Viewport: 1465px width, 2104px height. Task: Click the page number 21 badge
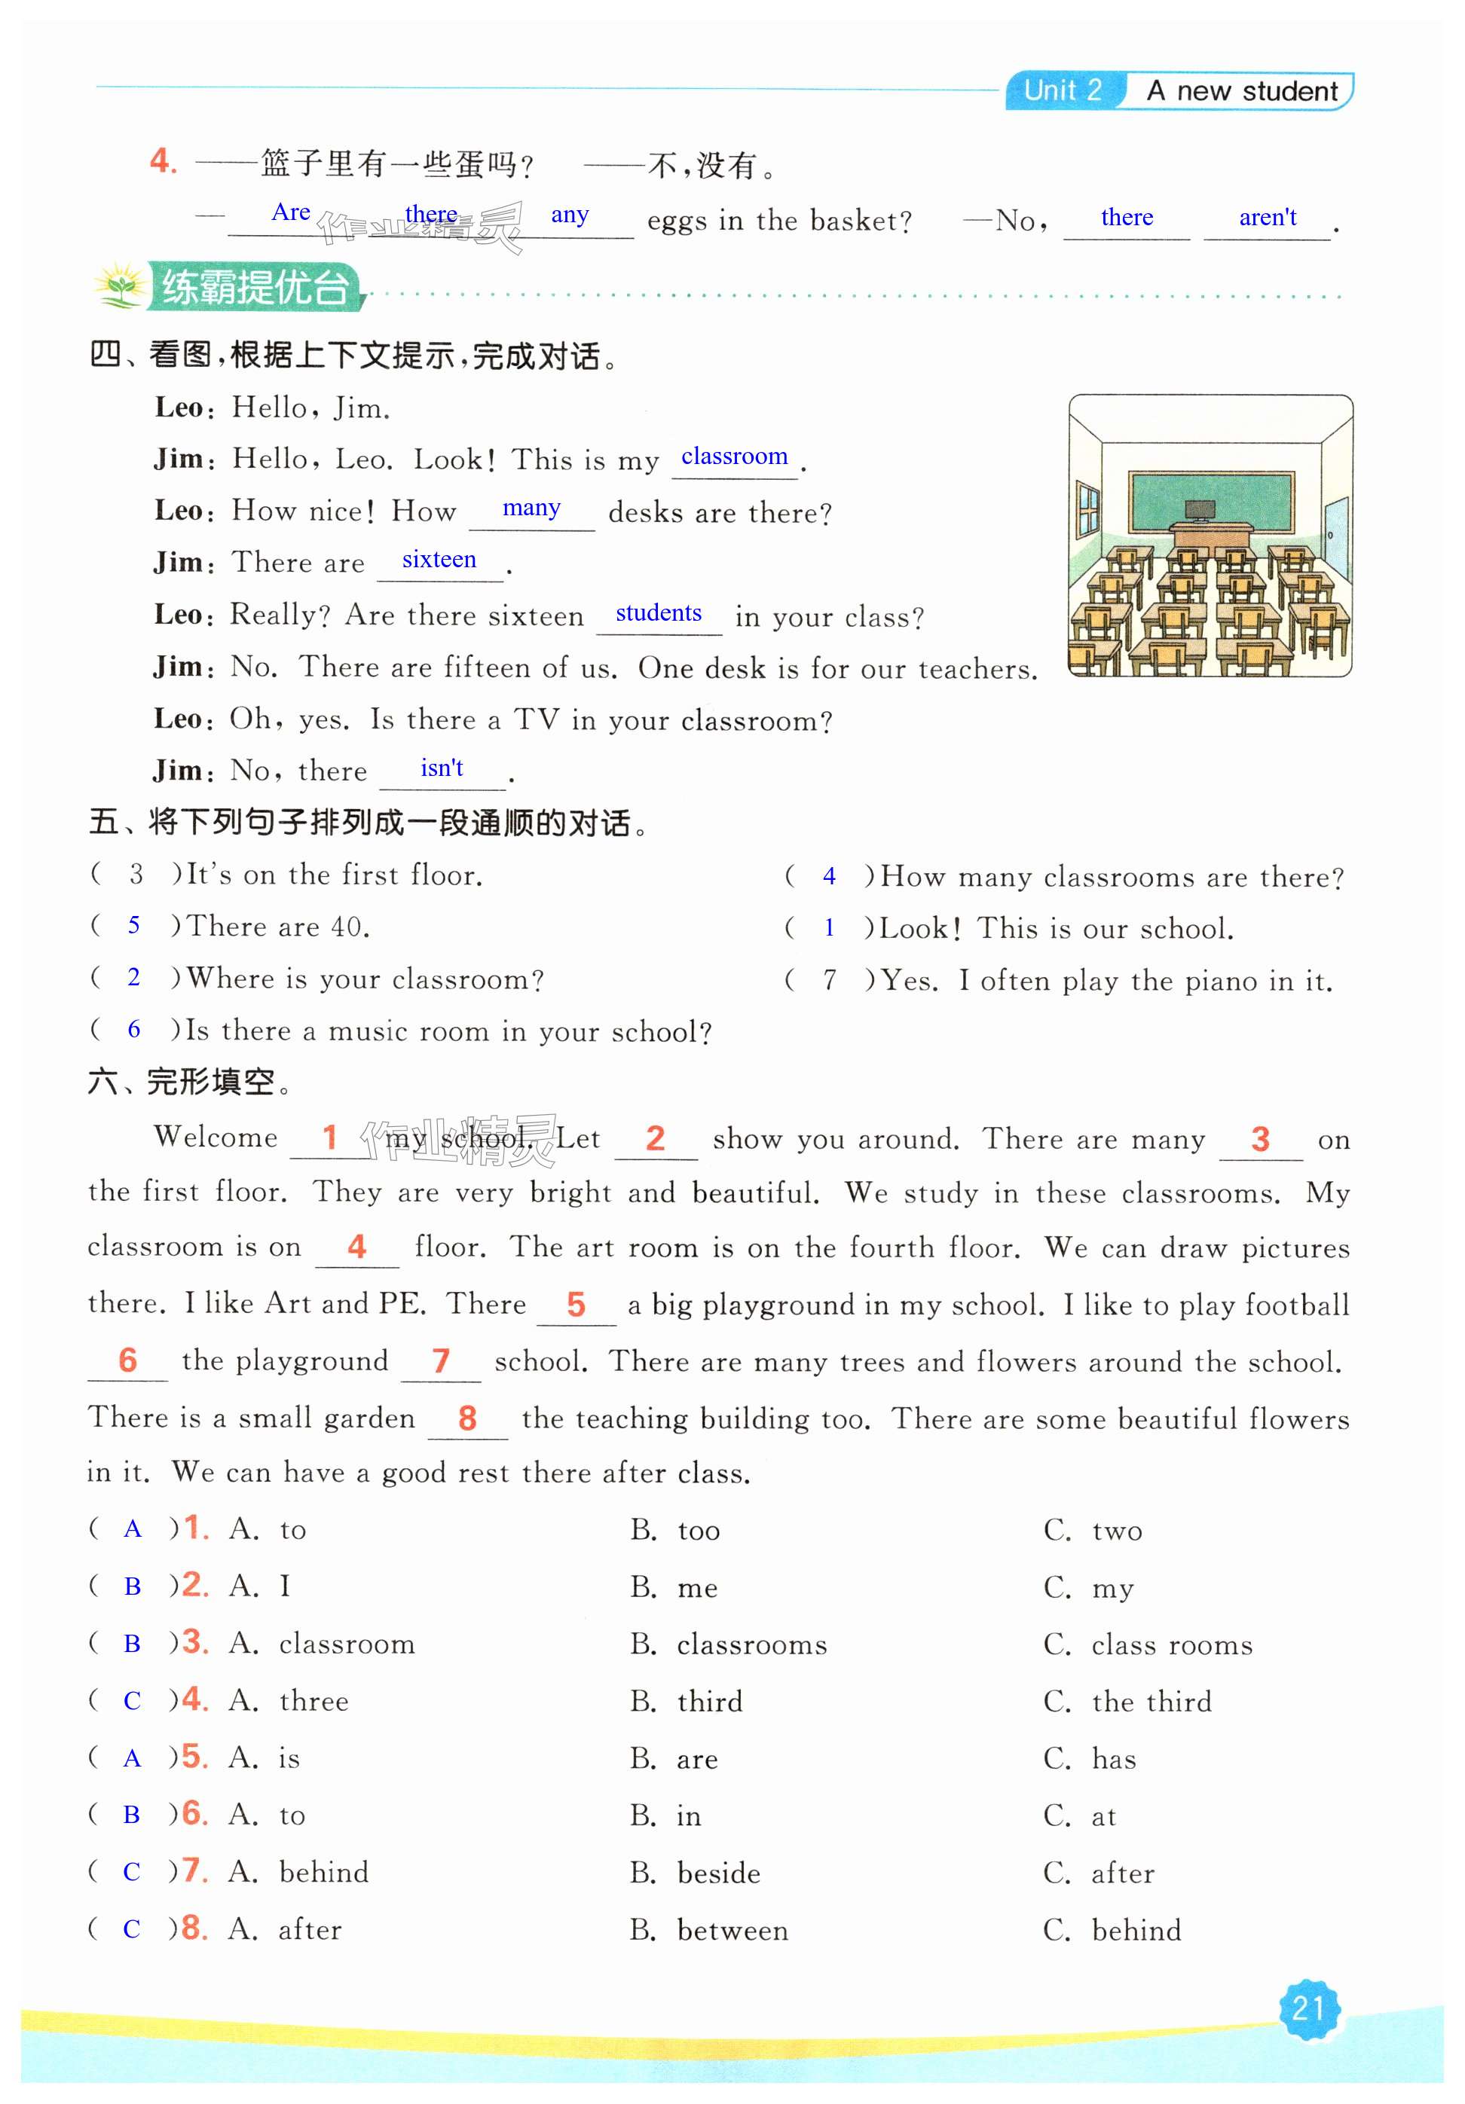point(1308,2008)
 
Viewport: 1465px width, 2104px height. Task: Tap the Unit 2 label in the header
point(1063,90)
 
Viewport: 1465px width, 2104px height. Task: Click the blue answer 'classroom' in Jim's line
point(733,457)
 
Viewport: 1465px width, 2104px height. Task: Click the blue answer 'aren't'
point(1267,218)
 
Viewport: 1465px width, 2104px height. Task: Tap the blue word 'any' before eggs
point(569,215)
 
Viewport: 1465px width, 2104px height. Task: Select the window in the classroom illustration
point(1087,508)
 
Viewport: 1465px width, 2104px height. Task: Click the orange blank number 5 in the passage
point(576,1304)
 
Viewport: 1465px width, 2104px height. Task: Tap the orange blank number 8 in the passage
point(467,1418)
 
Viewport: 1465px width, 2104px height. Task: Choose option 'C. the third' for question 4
point(1151,1702)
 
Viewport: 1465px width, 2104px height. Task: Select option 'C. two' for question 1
point(1116,1530)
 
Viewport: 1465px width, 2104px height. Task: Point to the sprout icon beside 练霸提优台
point(119,288)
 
